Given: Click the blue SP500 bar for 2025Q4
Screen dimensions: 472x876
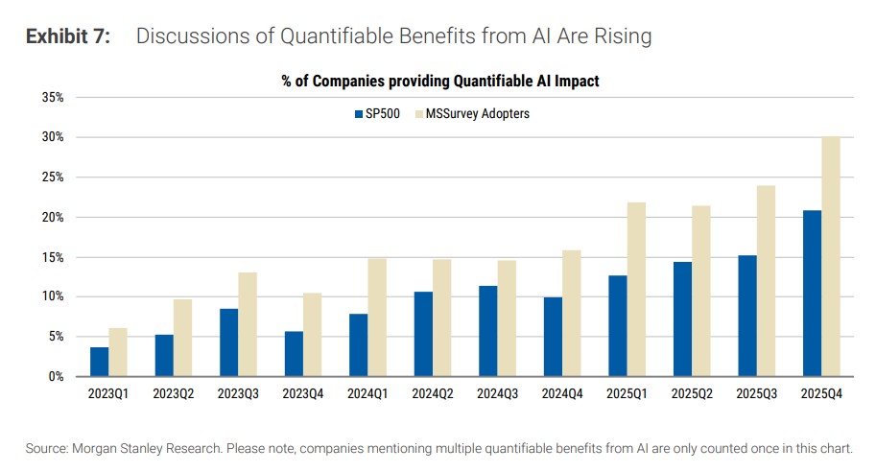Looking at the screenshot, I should click(x=811, y=293).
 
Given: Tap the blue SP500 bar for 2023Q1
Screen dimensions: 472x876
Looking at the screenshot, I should click(x=100, y=362).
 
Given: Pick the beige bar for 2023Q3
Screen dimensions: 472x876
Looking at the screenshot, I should click(x=247, y=324).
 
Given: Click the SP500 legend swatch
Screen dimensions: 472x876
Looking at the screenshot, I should click(x=358, y=114).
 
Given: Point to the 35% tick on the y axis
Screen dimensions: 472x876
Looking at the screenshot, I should click(x=52, y=97).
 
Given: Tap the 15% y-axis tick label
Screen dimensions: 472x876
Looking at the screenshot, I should click(x=52, y=257).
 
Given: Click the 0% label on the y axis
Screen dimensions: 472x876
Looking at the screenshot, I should click(x=56, y=376).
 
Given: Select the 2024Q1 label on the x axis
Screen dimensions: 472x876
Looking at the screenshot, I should click(x=367, y=393).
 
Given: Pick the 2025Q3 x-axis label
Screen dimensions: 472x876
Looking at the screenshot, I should click(x=756, y=393).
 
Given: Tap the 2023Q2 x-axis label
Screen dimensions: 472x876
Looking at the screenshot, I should click(x=174, y=393).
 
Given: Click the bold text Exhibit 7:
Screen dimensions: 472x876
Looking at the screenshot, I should click(x=68, y=37).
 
